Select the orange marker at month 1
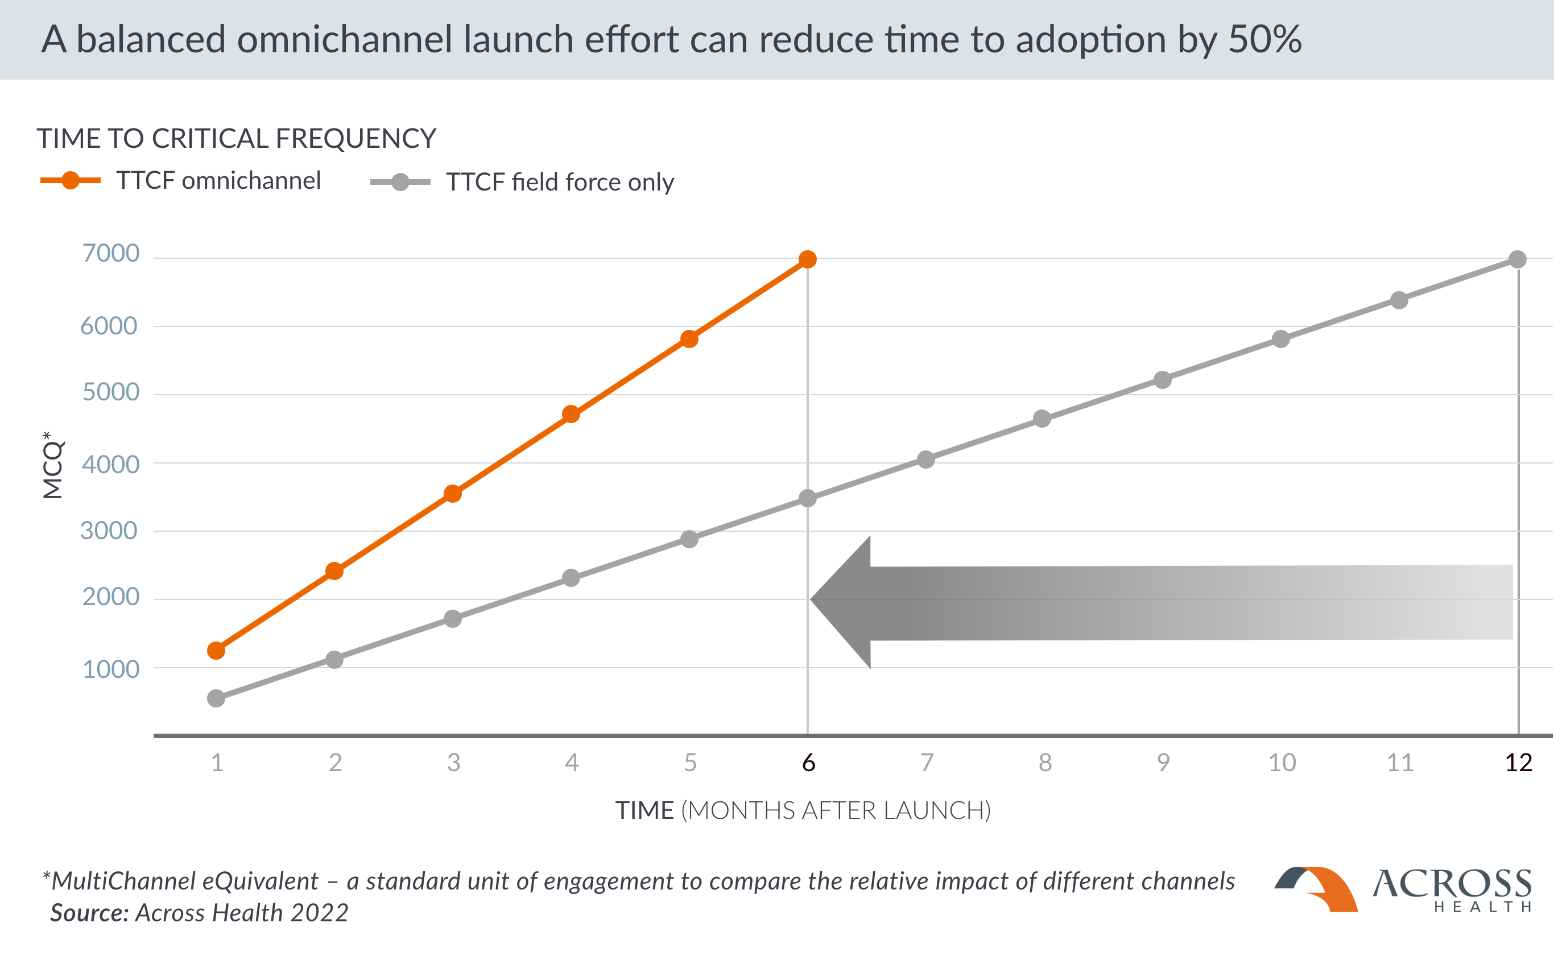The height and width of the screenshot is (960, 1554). click(x=216, y=650)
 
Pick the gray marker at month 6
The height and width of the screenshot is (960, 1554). click(x=807, y=498)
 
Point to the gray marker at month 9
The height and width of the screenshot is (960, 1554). click(x=1162, y=380)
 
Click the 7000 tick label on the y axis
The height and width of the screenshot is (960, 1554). click(x=110, y=253)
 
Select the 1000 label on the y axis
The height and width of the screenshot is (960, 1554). click(x=110, y=669)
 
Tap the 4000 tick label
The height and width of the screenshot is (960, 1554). click(x=110, y=465)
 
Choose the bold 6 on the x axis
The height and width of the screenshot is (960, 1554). click(x=808, y=763)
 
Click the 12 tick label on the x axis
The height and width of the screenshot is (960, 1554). click(x=1518, y=763)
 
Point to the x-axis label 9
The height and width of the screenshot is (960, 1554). click(x=1163, y=763)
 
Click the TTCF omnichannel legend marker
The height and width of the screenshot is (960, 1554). click(x=71, y=180)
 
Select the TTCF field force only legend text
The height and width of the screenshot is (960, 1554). click(x=560, y=182)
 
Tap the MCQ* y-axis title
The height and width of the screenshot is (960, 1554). click(x=53, y=465)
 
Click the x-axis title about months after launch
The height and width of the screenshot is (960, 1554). click(x=803, y=811)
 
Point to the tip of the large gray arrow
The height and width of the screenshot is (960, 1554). click(x=811, y=599)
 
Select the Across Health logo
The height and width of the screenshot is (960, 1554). click(x=1403, y=889)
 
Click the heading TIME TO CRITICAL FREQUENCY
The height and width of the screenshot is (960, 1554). click(x=236, y=138)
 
